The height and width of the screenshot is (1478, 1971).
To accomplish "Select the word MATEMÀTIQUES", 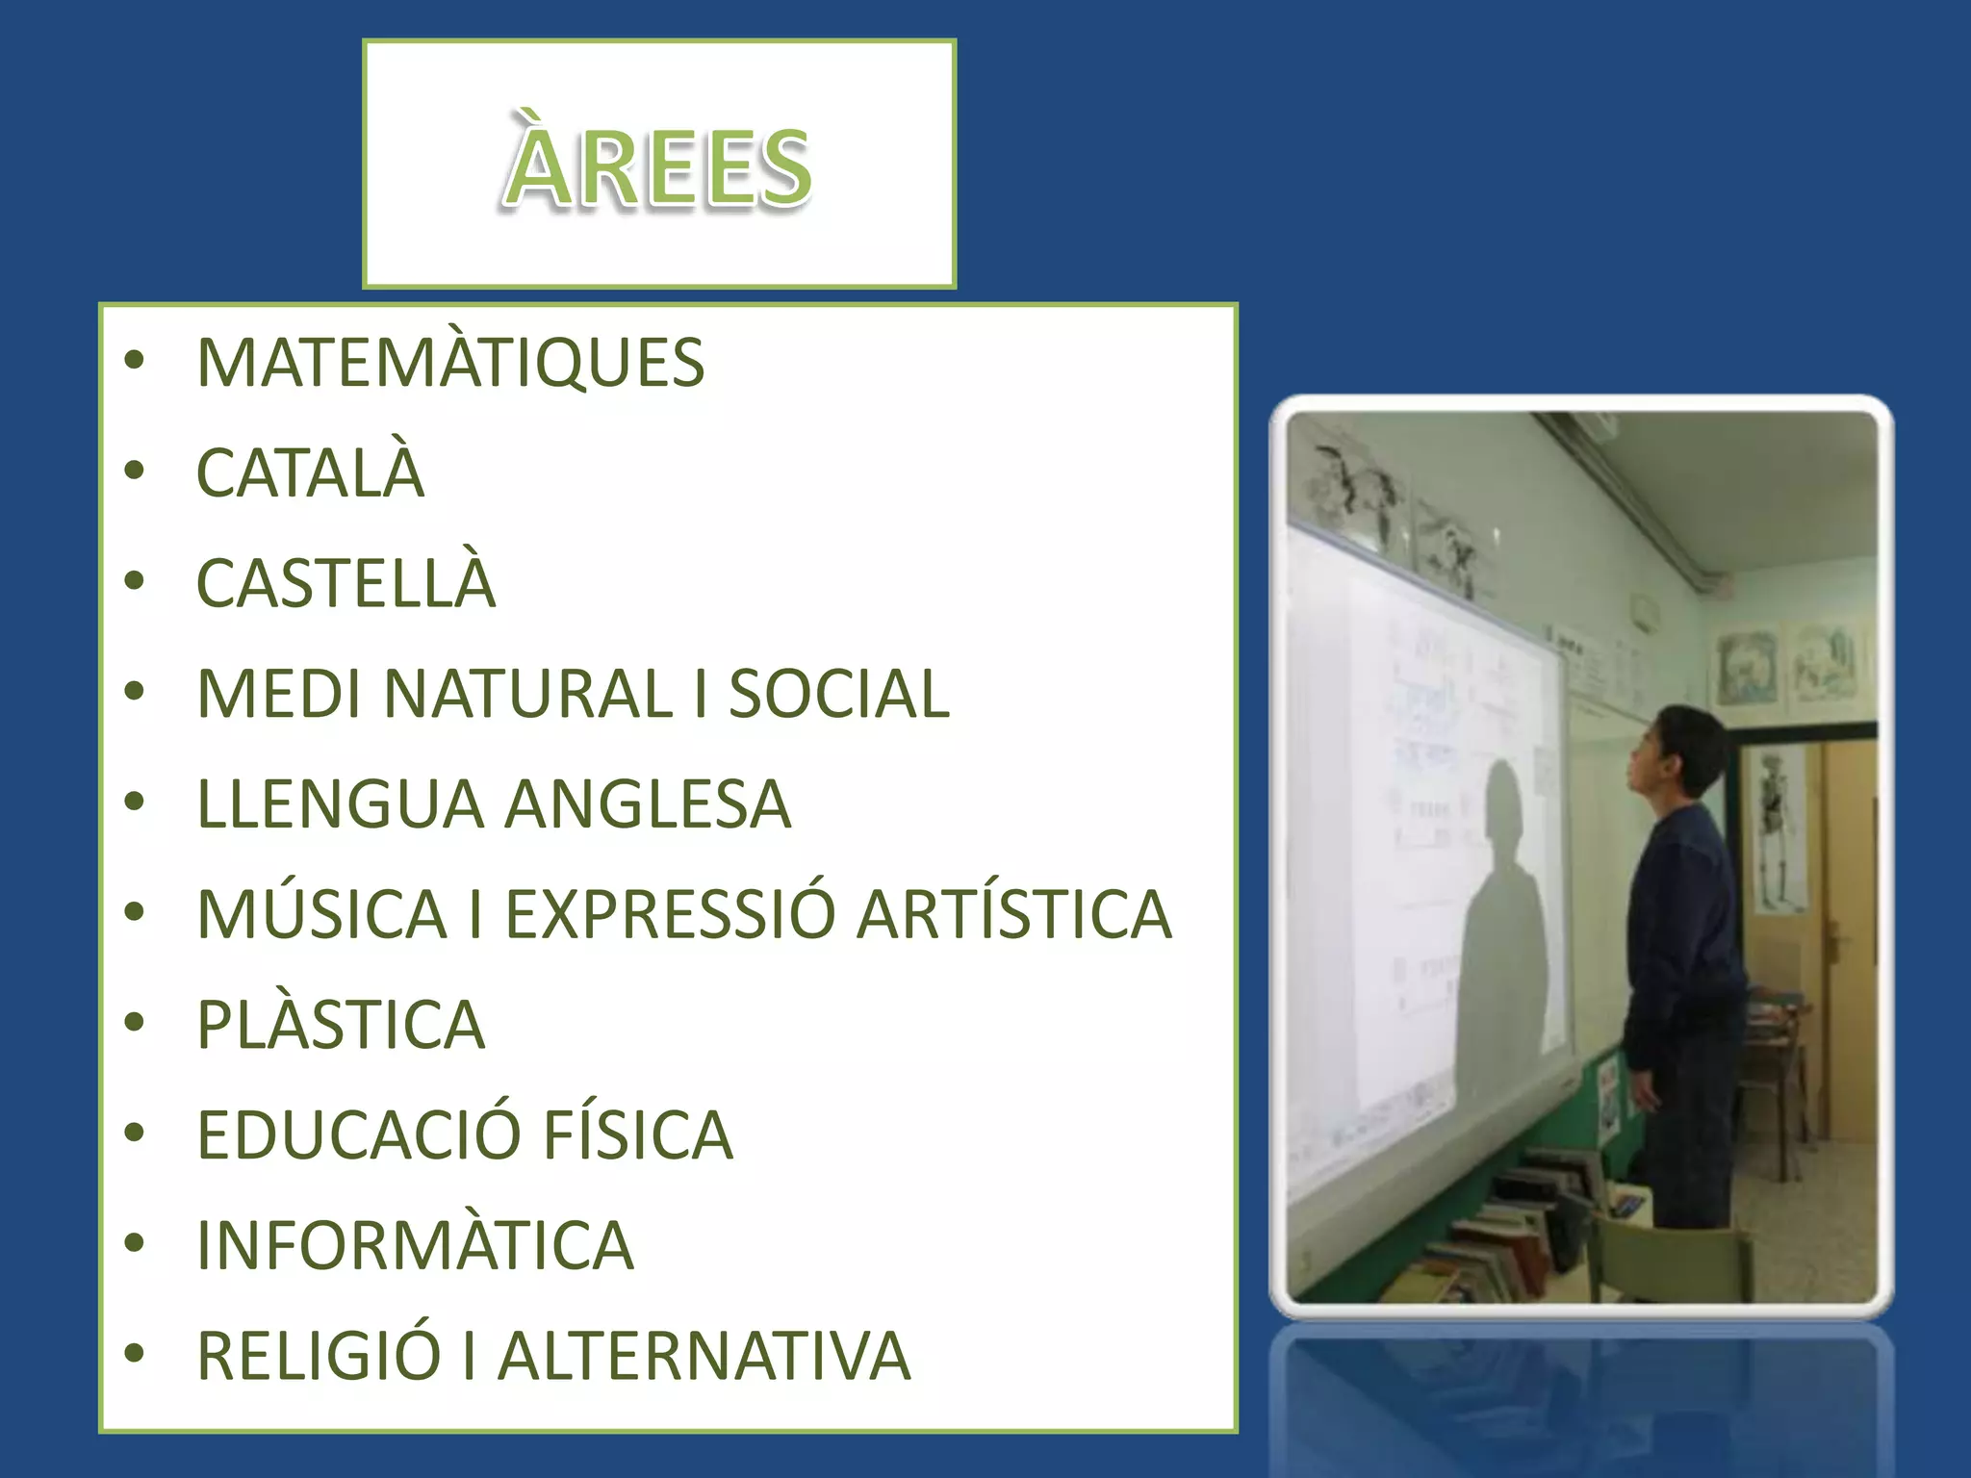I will pos(450,364).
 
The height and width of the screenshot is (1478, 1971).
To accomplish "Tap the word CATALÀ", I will pos(310,473).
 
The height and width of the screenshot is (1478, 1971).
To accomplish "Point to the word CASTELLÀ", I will pos(346,583).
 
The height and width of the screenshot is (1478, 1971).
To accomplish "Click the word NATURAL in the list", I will pos(528,694).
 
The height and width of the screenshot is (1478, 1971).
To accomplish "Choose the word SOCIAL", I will pos(838,694).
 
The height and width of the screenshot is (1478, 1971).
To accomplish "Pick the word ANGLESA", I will pos(648,804).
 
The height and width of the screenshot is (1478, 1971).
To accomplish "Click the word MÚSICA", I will pos(322,914).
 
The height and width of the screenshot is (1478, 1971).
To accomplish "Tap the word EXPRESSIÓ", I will pos(670,914).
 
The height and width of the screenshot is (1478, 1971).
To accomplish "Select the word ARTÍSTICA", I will pos(1014,914).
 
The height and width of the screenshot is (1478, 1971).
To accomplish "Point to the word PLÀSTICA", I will pos(341,1025).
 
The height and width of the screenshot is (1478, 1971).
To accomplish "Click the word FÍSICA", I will pos(637,1135).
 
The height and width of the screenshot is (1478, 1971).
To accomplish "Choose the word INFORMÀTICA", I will pos(415,1245).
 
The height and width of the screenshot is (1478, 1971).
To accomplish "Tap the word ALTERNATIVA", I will pos(704,1356).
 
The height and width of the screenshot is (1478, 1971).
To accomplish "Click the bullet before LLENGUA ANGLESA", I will pos(135,803).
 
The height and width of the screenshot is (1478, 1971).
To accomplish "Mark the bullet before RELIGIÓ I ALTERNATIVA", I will pos(135,1354).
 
